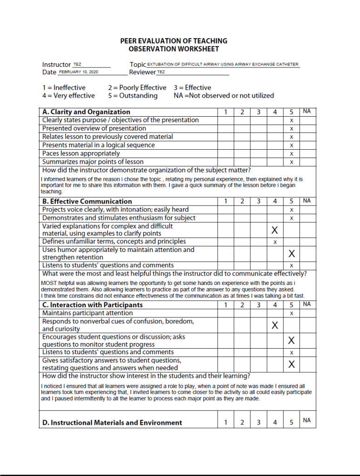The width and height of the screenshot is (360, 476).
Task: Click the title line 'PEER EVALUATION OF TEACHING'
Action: (173, 41)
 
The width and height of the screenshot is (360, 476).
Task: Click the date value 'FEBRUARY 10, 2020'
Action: (78, 72)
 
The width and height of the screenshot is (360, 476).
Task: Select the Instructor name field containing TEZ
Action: (77, 64)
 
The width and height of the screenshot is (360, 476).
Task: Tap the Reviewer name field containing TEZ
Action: (161, 72)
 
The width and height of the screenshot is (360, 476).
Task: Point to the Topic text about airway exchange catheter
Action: (223, 64)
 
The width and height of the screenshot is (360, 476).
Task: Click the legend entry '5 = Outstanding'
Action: (133, 96)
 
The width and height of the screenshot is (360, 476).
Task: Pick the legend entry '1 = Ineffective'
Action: (64, 87)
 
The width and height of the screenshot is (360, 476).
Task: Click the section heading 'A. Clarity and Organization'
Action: (86, 112)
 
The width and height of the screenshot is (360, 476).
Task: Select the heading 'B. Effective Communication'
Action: (87, 201)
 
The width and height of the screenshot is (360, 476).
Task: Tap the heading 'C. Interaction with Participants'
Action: (92, 305)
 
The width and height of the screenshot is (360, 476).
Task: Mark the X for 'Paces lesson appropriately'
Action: (292, 154)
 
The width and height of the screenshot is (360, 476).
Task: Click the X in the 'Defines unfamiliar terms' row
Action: (275, 242)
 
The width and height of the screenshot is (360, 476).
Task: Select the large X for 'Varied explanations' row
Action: (275, 230)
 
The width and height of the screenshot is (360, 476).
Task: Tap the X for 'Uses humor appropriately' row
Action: (292, 253)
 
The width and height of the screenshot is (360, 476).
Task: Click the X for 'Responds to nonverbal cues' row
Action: (275, 325)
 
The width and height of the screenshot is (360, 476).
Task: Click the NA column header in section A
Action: (307, 112)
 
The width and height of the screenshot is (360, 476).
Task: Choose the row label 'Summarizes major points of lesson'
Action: (93, 162)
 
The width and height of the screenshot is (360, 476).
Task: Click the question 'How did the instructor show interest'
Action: (146, 376)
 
